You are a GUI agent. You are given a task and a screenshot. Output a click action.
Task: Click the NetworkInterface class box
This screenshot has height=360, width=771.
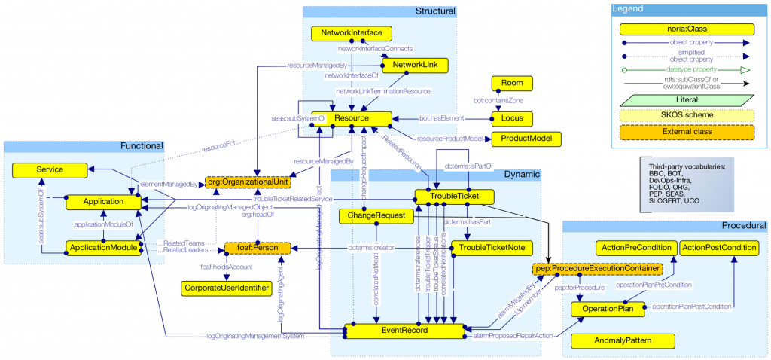pos(352,34)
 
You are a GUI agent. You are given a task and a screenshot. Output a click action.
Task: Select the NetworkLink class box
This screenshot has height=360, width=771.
pos(415,65)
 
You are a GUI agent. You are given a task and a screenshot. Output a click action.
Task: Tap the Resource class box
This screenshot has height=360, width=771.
pos(351,119)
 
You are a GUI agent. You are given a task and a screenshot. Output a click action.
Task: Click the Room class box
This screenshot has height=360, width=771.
pos(511,83)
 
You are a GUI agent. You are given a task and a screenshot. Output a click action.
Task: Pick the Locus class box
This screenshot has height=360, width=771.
pos(511,118)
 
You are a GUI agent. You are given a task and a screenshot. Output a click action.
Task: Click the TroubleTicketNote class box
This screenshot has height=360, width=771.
pos(492,248)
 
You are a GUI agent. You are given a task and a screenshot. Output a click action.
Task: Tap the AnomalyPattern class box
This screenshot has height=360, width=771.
pos(612,341)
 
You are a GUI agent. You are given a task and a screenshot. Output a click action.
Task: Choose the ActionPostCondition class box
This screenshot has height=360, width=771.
pos(720,248)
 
